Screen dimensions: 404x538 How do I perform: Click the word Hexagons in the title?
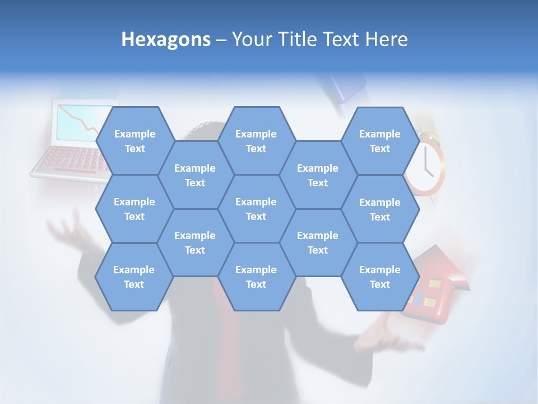[166, 39]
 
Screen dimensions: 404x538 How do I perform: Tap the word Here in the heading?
[386, 39]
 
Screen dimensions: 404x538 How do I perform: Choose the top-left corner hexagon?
[134, 141]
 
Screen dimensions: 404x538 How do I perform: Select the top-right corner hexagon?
[380, 141]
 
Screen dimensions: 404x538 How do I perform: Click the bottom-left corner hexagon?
[134, 277]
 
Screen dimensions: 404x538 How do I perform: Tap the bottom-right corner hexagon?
[380, 277]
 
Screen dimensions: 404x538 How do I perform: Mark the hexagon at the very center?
[256, 209]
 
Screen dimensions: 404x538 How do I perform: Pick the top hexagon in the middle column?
[256, 141]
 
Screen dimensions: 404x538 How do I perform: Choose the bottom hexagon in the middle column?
[256, 277]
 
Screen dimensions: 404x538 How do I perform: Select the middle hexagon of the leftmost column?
[134, 209]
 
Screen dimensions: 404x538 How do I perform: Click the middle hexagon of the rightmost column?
[380, 209]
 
